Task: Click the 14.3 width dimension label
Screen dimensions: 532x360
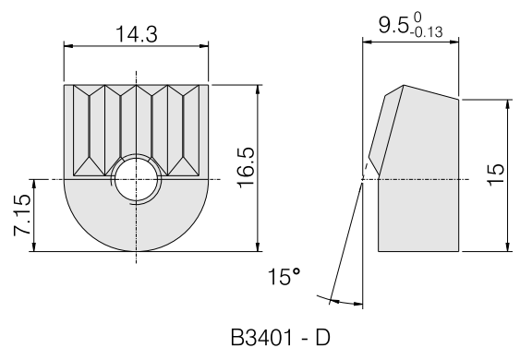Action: tap(137, 34)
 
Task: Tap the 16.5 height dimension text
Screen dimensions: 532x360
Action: tap(246, 168)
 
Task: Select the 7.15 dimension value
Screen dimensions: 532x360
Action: tap(22, 216)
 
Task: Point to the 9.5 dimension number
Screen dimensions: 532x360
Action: tap(393, 25)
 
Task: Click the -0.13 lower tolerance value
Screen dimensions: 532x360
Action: tap(426, 32)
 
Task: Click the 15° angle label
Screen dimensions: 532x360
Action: tap(284, 276)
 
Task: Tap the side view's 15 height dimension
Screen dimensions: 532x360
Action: tap(496, 174)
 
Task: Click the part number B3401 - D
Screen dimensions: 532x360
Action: tap(280, 338)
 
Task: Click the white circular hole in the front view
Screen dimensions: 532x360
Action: tap(137, 179)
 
